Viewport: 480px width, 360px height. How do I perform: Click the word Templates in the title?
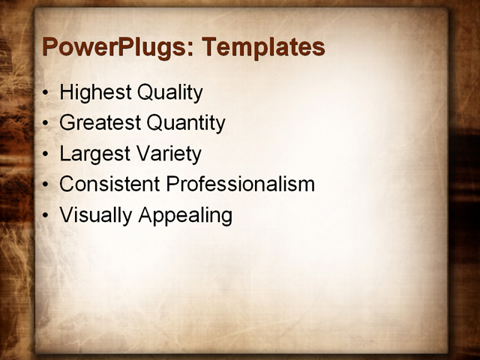263,47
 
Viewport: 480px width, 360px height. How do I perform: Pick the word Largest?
92,154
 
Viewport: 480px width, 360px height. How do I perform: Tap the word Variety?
166,154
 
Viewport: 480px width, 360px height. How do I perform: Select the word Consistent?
109,184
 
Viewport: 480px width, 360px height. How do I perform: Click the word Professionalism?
240,184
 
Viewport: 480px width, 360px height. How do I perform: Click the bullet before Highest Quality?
47,94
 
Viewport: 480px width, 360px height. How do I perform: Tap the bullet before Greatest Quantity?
47,124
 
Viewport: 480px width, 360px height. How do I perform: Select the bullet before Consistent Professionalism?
47,185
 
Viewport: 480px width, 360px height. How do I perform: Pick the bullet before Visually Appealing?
47,216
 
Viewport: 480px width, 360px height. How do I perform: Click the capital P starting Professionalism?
172,184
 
